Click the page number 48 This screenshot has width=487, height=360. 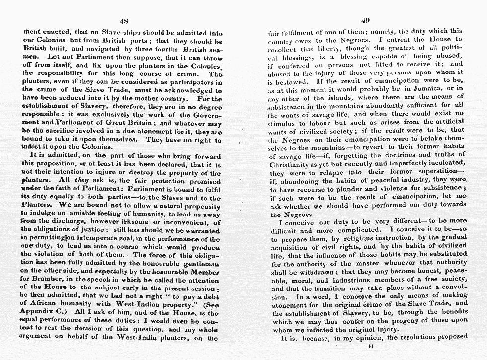pos(124,21)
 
